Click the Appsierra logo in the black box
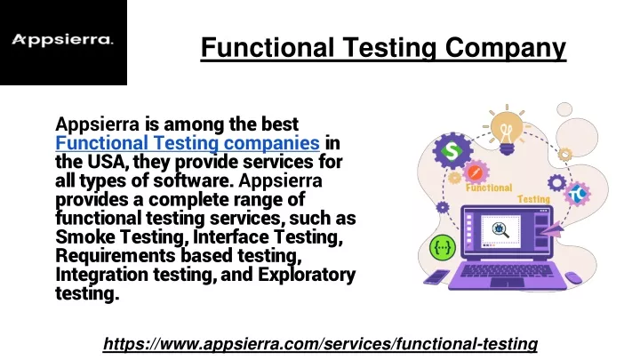tap(62, 40)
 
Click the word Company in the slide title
tap(505, 48)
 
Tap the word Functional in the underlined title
tap(268, 47)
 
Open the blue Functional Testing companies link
tap(188, 143)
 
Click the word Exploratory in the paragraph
tap(307, 275)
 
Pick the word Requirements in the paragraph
tap(115, 256)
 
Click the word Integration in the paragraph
tap(101, 275)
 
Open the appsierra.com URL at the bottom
tap(320, 344)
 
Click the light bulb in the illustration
tap(507, 130)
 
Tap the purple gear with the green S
tap(452, 150)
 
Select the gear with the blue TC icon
tap(577, 194)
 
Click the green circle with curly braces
tap(443, 248)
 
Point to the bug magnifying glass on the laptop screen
tap(500, 230)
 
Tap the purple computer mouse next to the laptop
tap(574, 277)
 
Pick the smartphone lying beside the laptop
tap(436, 276)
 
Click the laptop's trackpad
tap(507, 283)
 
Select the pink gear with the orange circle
tap(475, 172)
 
